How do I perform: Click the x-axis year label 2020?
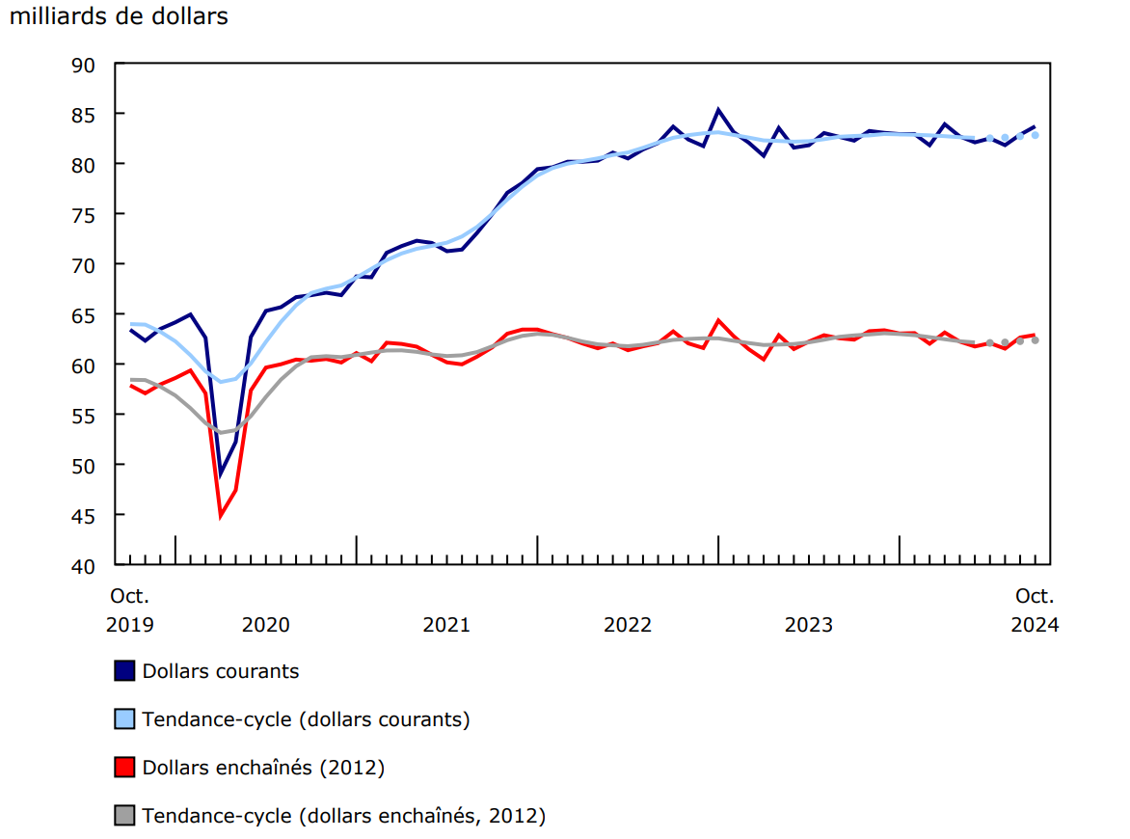tap(265, 625)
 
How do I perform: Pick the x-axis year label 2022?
tap(628, 625)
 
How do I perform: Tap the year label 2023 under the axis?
tap(808, 625)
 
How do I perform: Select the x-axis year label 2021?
tap(446, 625)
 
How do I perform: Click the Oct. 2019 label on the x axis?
tap(129, 610)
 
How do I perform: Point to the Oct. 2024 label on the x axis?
tap(1035, 610)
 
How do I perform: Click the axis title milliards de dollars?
tap(119, 16)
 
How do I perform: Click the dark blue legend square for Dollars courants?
tap(124, 671)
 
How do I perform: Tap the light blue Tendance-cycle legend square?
tap(124, 719)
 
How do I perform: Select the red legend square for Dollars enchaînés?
tap(124, 768)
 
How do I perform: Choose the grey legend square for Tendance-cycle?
tap(124, 816)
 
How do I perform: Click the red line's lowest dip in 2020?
tap(221, 516)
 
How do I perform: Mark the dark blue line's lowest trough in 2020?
tap(221, 474)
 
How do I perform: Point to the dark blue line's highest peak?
tap(718, 110)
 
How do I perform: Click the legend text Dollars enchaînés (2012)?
tap(263, 768)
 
